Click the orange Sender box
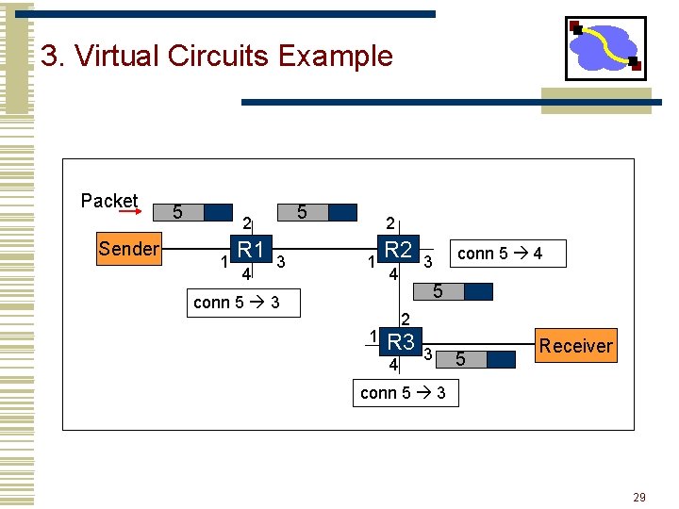pyautogui.click(x=129, y=249)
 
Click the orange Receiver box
pyautogui.click(x=575, y=345)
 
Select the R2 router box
pyautogui.click(x=399, y=250)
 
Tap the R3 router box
pyautogui.click(x=401, y=341)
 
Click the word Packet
pyautogui.click(x=109, y=200)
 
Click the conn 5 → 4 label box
pyautogui.click(x=499, y=254)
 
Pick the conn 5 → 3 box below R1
pyautogui.click(x=236, y=303)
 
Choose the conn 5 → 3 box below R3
pyautogui.click(x=404, y=392)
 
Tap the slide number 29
pyautogui.click(x=638, y=497)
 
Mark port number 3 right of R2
pyautogui.click(x=427, y=261)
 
